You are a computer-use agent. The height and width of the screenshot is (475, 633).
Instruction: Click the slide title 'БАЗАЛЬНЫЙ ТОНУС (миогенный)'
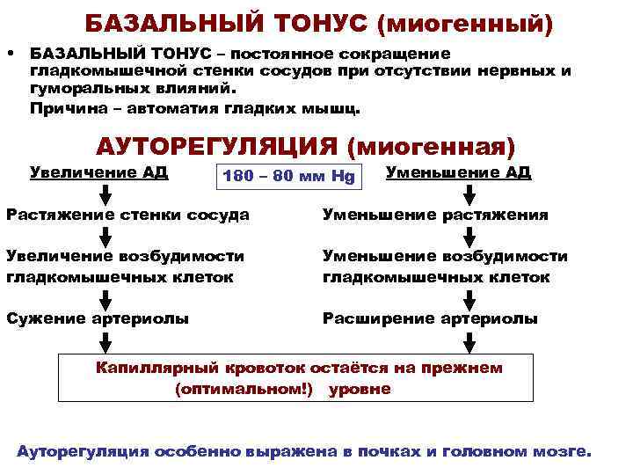(318, 24)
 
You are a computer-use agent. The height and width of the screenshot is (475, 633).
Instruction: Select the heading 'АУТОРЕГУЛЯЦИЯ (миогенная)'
(305, 145)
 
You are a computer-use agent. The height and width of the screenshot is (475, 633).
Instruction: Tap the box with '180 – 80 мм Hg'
(288, 176)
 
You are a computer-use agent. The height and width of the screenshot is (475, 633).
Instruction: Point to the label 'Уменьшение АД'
(458, 171)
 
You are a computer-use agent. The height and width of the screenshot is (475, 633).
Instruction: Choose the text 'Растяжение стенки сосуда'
(127, 215)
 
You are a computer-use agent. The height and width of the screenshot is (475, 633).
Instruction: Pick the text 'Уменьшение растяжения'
(435, 215)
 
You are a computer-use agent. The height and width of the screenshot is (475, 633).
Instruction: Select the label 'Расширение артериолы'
(430, 318)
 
